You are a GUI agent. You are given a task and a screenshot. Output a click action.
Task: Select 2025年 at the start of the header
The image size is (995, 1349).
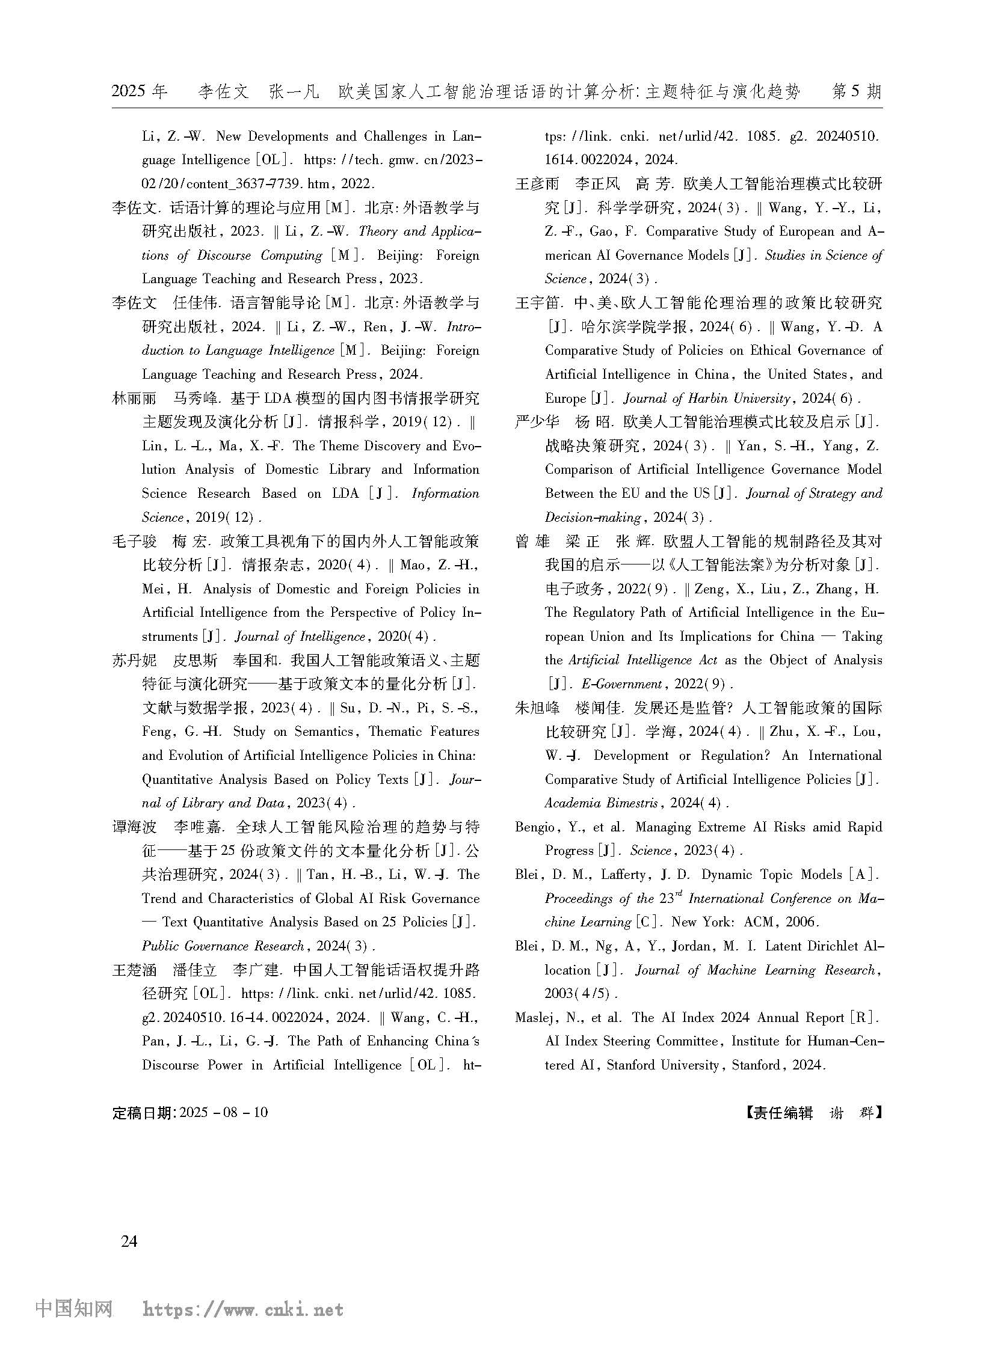[x=139, y=91]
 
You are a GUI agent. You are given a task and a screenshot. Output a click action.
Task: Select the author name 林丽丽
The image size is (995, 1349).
[x=134, y=399]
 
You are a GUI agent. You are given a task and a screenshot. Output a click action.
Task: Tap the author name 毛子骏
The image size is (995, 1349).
[x=134, y=542]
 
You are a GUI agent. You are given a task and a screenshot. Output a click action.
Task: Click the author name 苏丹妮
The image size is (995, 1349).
[x=134, y=661]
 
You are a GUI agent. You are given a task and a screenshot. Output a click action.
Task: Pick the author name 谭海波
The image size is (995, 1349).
[x=134, y=828]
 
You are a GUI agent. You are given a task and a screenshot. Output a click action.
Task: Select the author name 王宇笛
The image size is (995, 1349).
[x=537, y=304]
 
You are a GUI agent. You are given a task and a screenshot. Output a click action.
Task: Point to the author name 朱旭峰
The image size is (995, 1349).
[x=537, y=709]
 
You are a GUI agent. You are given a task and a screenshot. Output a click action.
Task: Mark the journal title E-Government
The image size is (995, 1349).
[x=621, y=685]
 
